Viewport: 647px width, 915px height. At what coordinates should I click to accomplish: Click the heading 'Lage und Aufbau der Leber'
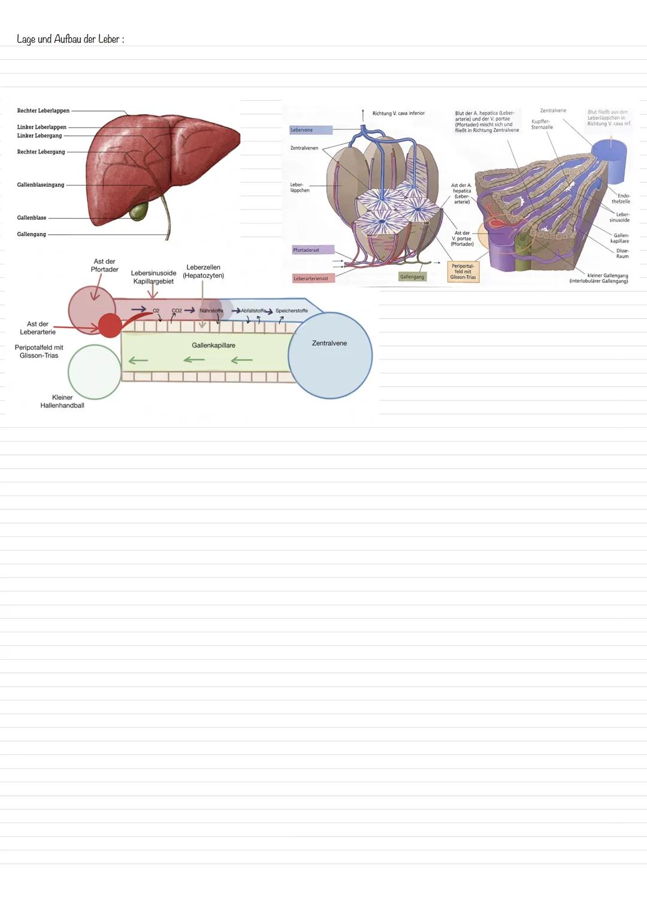(70, 40)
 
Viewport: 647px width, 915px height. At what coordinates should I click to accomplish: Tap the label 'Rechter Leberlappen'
(43, 111)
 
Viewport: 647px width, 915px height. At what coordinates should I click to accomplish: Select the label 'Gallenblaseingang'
(41, 185)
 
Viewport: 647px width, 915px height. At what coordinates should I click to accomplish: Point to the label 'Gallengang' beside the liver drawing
(31, 234)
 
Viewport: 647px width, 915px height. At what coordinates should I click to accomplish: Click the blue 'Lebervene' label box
(311, 130)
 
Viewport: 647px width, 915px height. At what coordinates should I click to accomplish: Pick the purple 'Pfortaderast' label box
(313, 250)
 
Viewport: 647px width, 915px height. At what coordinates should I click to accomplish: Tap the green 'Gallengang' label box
(412, 277)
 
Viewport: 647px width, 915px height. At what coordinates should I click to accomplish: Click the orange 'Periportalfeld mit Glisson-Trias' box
(463, 271)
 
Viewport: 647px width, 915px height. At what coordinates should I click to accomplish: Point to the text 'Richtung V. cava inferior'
(398, 113)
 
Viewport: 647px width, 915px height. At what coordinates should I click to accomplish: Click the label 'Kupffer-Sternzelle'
(542, 124)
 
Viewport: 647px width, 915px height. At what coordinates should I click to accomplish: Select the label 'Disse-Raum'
(622, 253)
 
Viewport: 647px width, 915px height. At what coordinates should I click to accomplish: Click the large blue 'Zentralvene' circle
(330, 356)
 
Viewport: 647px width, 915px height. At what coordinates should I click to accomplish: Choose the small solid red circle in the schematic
(110, 325)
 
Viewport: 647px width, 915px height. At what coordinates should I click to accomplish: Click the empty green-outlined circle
(95, 372)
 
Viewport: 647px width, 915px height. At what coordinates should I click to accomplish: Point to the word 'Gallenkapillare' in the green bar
(213, 346)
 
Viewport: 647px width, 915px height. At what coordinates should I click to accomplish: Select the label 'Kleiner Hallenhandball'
(62, 401)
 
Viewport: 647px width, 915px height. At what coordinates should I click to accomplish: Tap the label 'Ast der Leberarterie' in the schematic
(38, 328)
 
